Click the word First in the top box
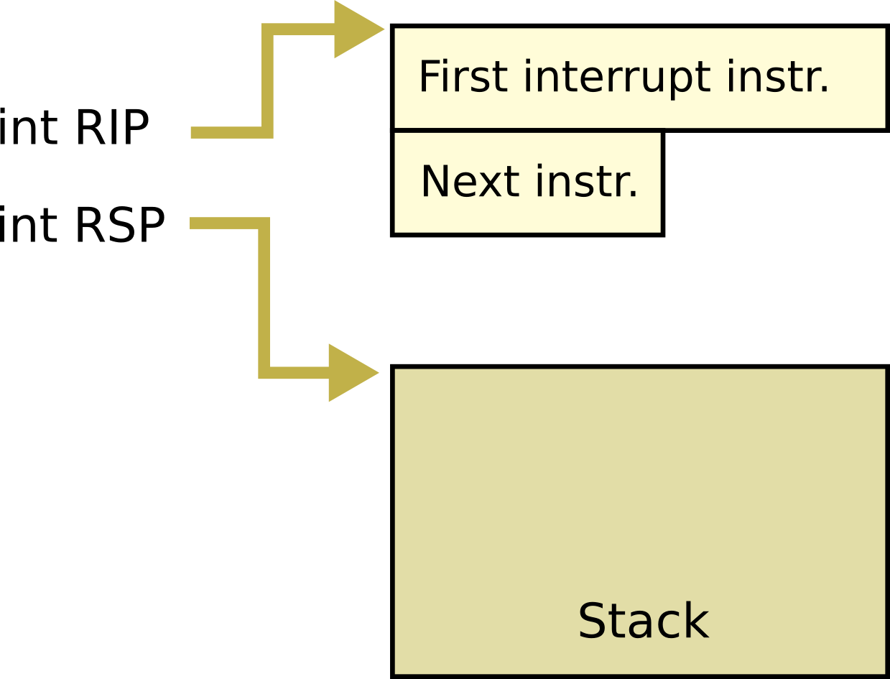pyautogui.click(x=463, y=77)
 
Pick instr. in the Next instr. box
pyautogui.click(x=587, y=181)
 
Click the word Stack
pyautogui.click(x=643, y=621)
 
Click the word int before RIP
pyautogui.click(x=29, y=129)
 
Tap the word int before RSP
pyautogui.click(x=29, y=225)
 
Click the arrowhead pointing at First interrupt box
pyautogui.click(x=357, y=29)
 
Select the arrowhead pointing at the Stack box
pyautogui.click(x=351, y=373)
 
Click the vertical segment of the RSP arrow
pyautogui.click(x=264, y=298)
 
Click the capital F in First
pyautogui.click(x=429, y=77)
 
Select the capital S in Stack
pyautogui.click(x=593, y=621)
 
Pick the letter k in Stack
pyautogui.click(x=696, y=621)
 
